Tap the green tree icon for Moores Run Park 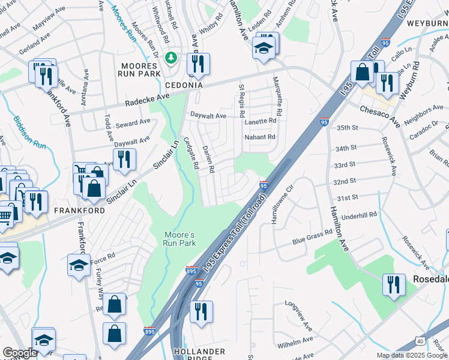[172, 58]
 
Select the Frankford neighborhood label [79, 211]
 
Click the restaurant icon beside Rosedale [393, 283]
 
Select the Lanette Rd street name [261, 121]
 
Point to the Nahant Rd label [260, 137]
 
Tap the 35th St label [346, 128]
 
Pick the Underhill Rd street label [360, 214]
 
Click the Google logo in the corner [19, 352]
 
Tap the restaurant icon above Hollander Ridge [201, 311]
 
